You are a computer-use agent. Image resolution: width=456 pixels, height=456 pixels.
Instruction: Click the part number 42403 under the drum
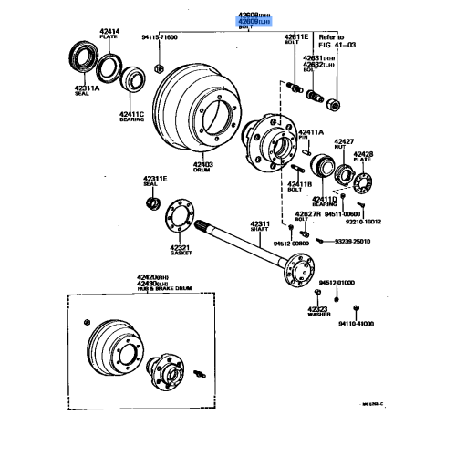coord(202,167)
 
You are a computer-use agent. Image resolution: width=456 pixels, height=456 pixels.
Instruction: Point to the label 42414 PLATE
coord(109,35)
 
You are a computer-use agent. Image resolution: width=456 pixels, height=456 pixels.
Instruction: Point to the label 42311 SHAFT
coord(261,225)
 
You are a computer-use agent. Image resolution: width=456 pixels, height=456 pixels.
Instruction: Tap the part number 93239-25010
coord(349,241)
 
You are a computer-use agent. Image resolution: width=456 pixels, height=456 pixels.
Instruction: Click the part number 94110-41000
coord(355,322)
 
